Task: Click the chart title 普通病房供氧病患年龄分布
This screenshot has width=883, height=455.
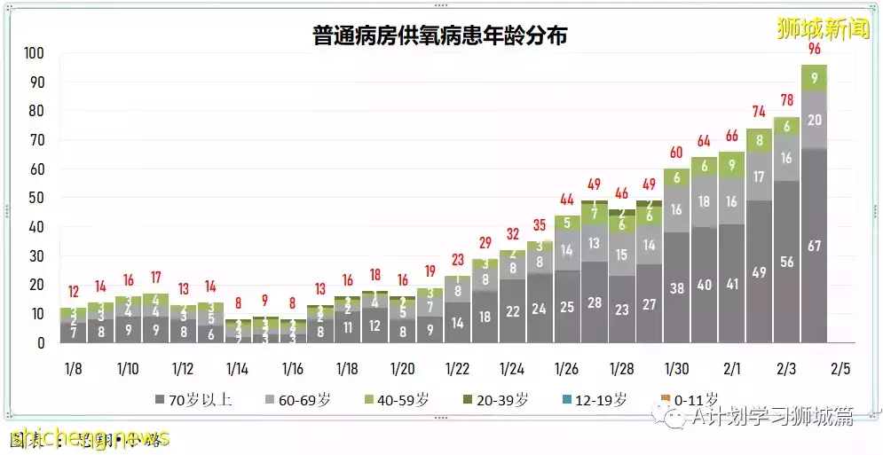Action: pyautogui.click(x=440, y=35)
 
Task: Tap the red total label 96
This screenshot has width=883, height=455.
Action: pyautogui.click(x=814, y=49)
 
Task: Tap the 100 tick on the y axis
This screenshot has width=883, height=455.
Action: pyautogui.click(x=33, y=53)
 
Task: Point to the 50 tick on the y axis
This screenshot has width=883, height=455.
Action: pyautogui.click(x=36, y=198)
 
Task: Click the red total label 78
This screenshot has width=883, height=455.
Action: pyautogui.click(x=786, y=100)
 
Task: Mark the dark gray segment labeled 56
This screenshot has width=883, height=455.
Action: pyautogui.click(x=786, y=262)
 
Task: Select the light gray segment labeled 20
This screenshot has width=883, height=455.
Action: pyautogui.click(x=814, y=120)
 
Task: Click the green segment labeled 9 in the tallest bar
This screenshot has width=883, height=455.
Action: pyautogui.click(x=814, y=78)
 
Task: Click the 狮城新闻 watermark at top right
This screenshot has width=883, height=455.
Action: pyautogui.click(x=810, y=27)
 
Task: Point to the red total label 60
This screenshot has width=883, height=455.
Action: pyautogui.click(x=677, y=153)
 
